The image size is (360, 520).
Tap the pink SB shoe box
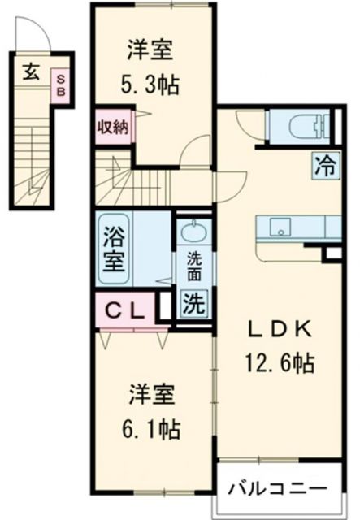(x=60, y=84)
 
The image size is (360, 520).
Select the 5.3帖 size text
(x=152, y=83)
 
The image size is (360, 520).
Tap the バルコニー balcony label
(x=277, y=489)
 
